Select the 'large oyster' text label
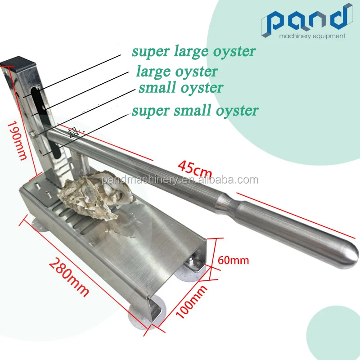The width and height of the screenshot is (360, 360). click(177, 72)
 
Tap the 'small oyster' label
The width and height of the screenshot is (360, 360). click(180, 87)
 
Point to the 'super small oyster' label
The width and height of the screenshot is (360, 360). click(195, 110)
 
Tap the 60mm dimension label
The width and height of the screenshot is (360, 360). click(233, 260)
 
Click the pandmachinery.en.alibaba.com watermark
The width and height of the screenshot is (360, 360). click(180, 180)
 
